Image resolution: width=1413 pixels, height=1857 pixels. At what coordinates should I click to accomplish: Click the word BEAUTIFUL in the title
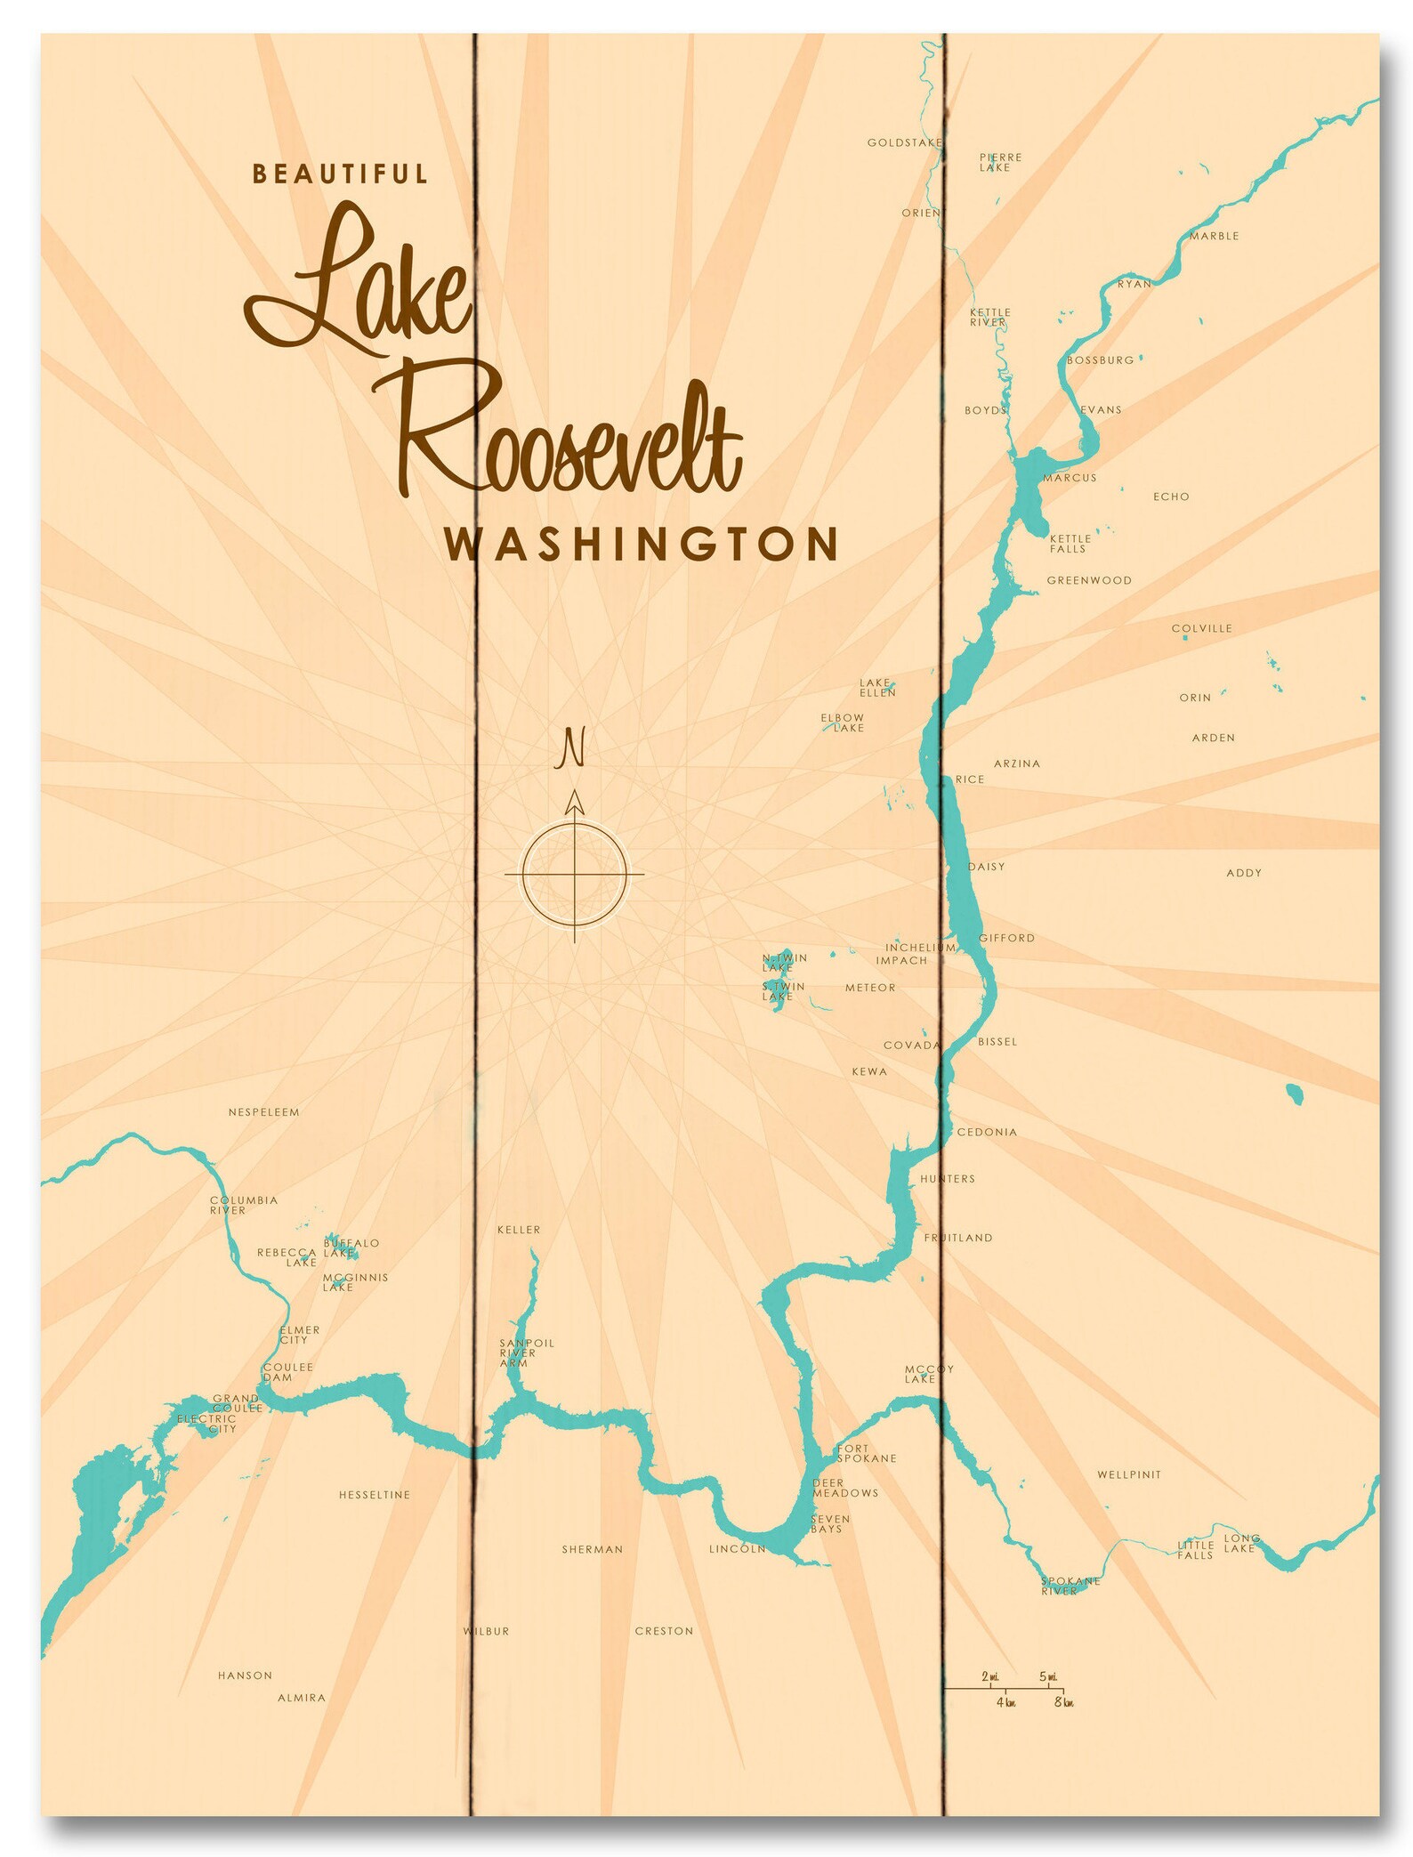point(340,174)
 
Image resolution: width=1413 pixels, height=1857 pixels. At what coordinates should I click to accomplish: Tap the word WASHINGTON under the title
point(642,545)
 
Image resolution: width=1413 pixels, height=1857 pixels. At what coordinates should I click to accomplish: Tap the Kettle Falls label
point(1070,544)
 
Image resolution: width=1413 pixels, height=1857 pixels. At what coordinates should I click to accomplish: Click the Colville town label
point(1201,628)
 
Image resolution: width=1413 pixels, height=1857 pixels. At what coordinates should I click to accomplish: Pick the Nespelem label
point(263,1112)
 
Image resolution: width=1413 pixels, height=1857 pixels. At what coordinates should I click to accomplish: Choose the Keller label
point(519,1230)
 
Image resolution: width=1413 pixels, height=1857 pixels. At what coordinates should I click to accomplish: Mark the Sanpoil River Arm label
point(525,1352)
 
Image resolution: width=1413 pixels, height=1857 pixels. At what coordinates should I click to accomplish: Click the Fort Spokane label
point(866,1453)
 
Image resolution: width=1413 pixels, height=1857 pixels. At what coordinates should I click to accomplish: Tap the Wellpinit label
point(1128,1474)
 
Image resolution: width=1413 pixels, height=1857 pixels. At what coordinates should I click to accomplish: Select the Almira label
point(302,1698)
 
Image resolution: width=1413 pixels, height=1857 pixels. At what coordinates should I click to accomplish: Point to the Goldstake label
point(904,142)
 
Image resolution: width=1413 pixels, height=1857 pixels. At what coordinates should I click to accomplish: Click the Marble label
point(1214,236)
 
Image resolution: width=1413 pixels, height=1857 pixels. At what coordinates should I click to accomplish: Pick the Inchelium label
point(919,948)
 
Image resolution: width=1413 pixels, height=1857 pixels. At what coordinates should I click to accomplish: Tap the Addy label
point(1243,873)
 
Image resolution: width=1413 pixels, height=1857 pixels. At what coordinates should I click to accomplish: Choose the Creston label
point(664,1631)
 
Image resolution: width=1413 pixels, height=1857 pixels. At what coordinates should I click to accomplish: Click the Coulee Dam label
point(287,1371)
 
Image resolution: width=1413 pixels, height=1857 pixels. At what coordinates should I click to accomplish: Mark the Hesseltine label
point(375,1495)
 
